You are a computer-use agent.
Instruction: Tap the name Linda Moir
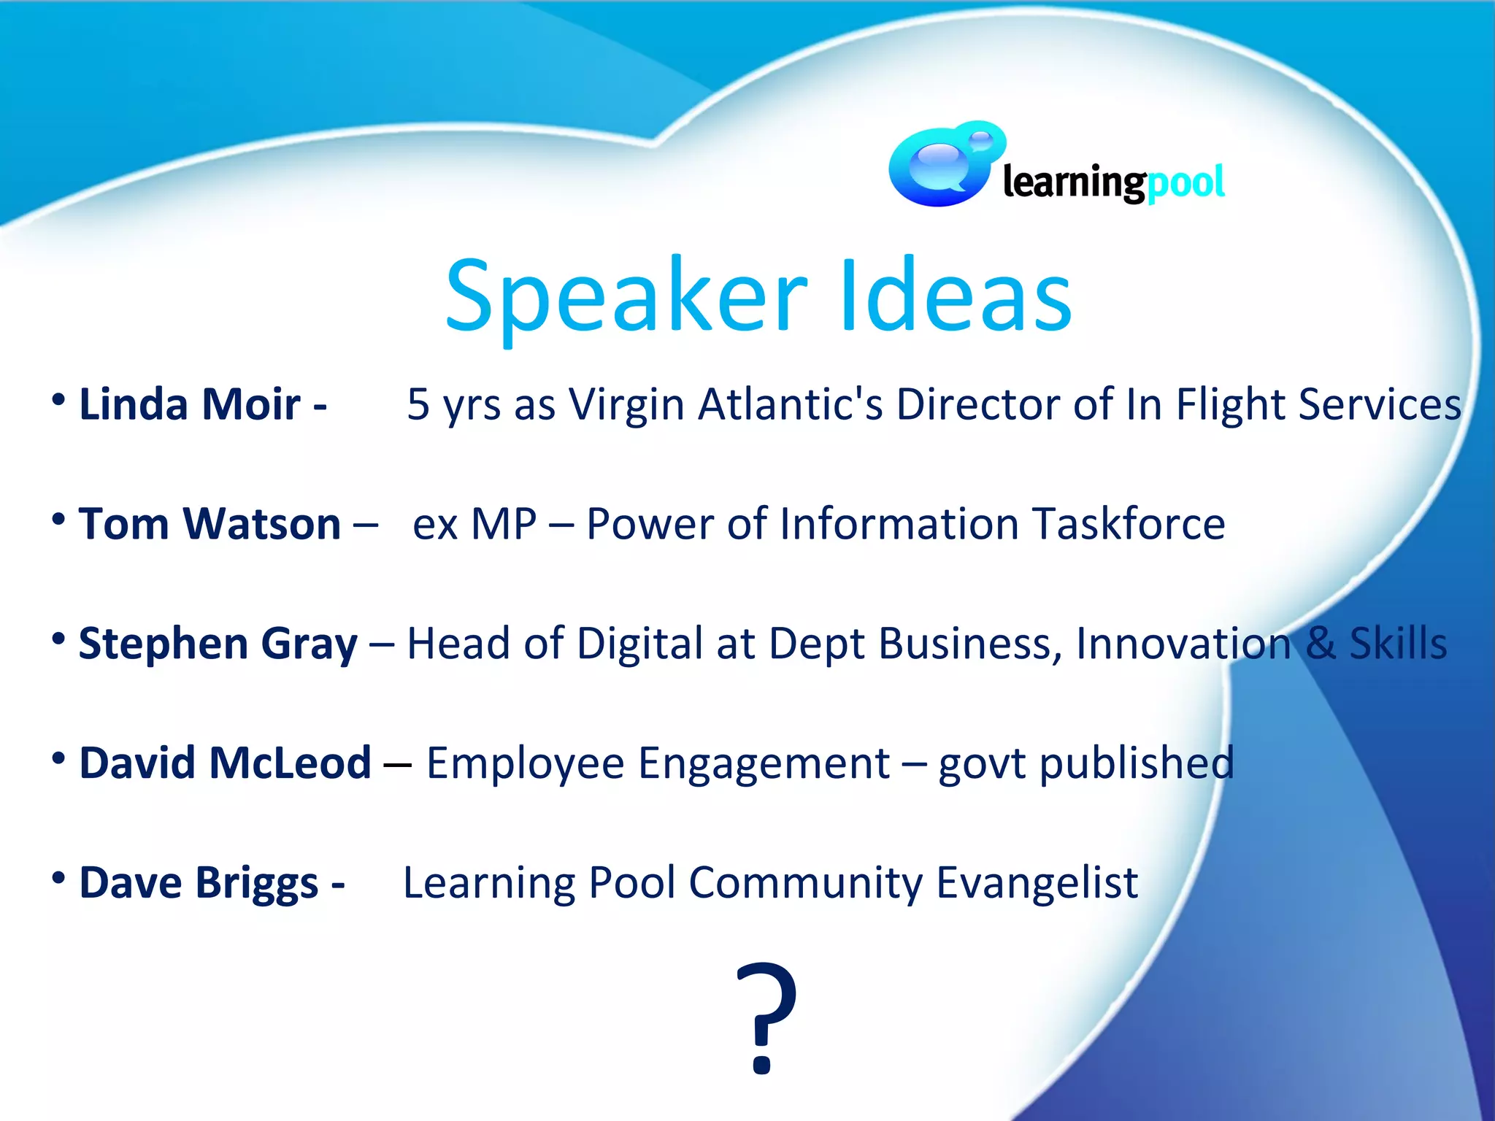[189, 404]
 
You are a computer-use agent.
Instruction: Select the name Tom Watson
[210, 524]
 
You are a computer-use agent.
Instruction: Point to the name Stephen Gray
[218, 644]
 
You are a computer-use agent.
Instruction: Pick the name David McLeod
[225, 763]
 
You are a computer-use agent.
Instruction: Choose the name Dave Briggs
[199, 883]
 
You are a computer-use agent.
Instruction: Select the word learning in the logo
[1073, 182]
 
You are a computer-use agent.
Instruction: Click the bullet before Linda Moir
[59, 400]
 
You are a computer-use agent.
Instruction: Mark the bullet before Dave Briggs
[59, 878]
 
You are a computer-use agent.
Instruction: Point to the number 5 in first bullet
[418, 404]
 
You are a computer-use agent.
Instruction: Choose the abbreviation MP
[504, 524]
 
